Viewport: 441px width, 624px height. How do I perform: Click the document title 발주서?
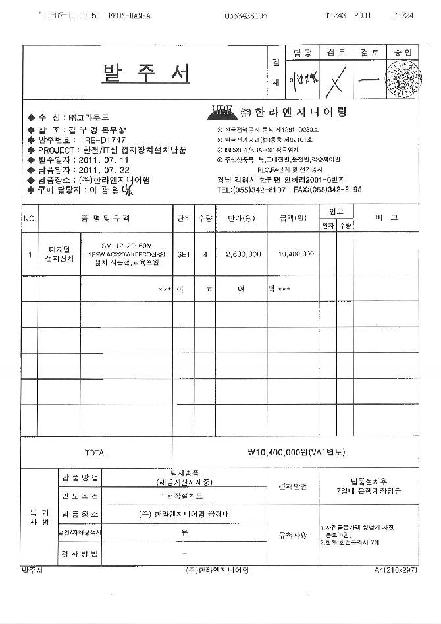[x=146, y=73]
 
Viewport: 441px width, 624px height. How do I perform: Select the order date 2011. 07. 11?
[x=106, y=160]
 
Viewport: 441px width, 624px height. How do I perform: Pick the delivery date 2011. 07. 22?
[x=106, y=170]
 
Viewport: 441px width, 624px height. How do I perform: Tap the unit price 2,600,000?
[x=243, y=254]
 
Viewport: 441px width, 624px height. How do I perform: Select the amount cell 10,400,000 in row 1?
[x=296, y=254]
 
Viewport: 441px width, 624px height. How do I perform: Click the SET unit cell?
[x=183, y=254]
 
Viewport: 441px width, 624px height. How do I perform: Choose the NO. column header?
[x=30, y=218]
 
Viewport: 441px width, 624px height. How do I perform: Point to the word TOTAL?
[x=96, y=453]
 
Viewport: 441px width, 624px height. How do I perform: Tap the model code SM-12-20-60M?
[x=124, y=244]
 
